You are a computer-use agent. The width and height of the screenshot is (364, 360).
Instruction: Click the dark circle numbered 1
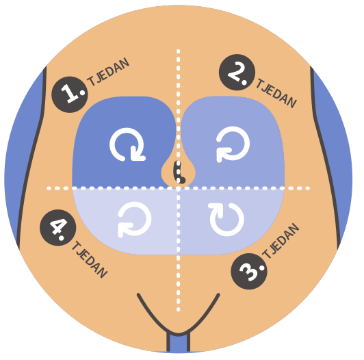[x=70, y=94]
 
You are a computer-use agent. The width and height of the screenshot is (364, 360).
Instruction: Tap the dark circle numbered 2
[x=237, y=73]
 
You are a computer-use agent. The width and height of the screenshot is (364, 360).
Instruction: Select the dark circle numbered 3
[x=249, y=271]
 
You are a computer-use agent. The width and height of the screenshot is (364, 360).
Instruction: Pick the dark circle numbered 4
[x=57, y=228]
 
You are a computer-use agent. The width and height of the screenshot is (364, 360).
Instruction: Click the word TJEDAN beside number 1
[x=108, y=72]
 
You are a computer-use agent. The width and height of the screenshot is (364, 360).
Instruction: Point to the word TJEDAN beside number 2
[x=276, y=93]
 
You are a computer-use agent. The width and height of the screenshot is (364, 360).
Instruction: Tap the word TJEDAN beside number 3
[x=281, y=241]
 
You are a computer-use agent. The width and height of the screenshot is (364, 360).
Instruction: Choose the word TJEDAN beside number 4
[x=90, y=259]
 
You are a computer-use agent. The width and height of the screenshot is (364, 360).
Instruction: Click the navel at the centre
[x=179, y=172]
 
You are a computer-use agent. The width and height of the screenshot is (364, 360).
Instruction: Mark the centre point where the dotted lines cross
[x=179, y=188]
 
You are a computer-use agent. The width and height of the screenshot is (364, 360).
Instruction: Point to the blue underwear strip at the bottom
[x=178, y=344]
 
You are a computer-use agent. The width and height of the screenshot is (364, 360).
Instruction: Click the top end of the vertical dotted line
[x=179, y=51]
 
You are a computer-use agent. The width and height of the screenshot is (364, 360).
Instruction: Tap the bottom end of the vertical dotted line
[x=179, y=309]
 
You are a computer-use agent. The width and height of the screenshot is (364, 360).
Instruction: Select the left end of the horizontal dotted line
[x=49, y=188]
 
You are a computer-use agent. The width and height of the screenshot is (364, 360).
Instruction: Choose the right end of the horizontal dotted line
[x=308, y=188]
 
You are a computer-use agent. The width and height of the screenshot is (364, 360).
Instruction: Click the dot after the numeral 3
[x=262, y=268]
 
